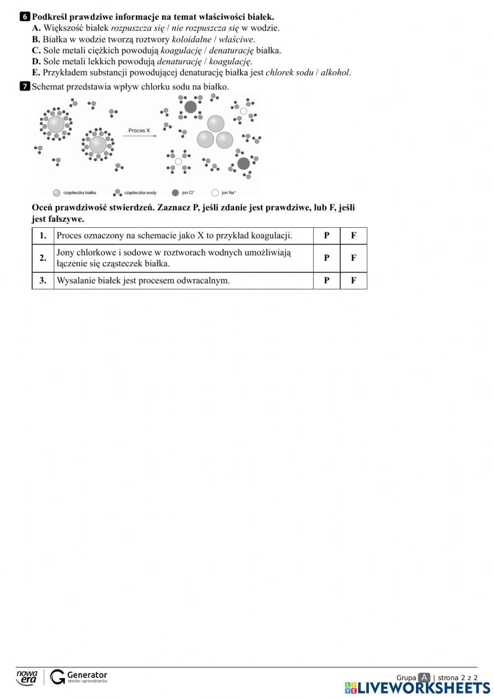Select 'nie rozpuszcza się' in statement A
(x=205, y=28)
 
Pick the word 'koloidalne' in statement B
(x=191, y=40)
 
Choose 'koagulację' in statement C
(x=180, y=50)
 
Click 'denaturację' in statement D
(x=179, y=62)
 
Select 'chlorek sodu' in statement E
(x=289, y=73)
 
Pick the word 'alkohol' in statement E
(x=335, y=73)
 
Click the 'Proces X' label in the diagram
(x=139, y=130)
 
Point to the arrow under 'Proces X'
(x=139, y=136)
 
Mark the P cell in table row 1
(x=327, y=236)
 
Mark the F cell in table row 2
(x=353, y=258)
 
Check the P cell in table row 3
(x=327, y=281)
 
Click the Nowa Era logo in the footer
(x=27, y=677)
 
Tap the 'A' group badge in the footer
(x=424, y=677)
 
